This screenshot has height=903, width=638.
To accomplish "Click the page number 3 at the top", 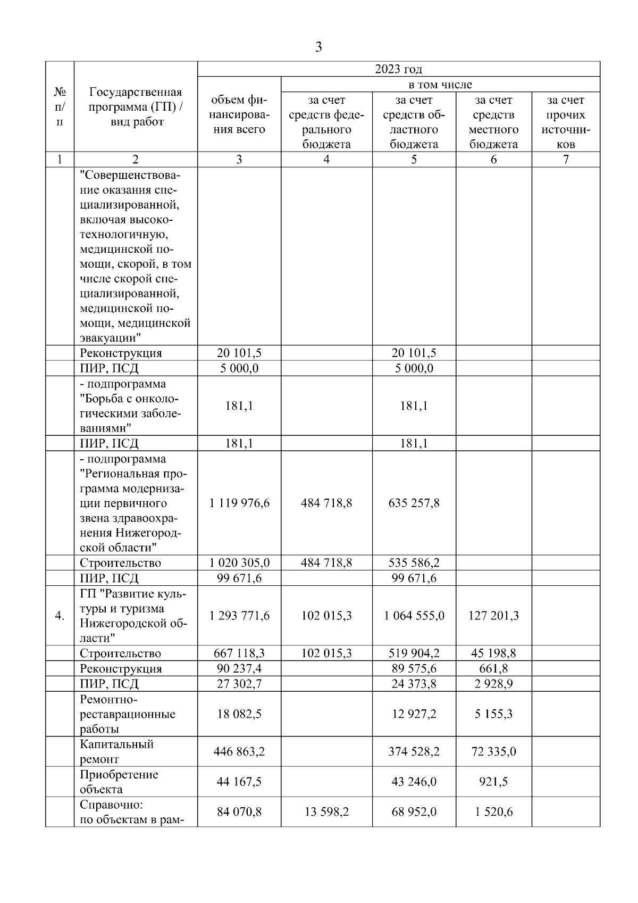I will click(318, 47).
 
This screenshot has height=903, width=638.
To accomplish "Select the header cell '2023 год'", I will click(398, 69).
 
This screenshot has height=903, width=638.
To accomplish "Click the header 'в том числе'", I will click(440, 85).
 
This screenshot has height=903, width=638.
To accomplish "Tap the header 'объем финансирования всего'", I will click(239, 114).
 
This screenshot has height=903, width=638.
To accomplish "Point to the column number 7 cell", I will click(566, 159).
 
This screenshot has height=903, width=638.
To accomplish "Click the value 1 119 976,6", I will click(239, 503).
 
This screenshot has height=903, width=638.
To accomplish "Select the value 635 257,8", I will click(414, 503).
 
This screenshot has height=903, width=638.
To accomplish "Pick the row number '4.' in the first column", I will click(60, 616).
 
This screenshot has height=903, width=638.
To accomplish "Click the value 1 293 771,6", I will click(239, 616).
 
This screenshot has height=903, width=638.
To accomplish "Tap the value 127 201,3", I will click(493, 616).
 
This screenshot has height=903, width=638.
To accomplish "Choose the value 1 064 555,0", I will click(414, 616).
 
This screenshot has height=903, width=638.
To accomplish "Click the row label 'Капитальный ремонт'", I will click(116, 751).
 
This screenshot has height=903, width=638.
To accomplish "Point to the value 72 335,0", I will click(493, 751).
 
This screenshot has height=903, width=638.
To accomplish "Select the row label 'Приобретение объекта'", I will click(119, 782).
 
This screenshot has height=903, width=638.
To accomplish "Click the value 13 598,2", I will click(326, 812).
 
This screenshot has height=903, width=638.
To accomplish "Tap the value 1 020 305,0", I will click(239, 562).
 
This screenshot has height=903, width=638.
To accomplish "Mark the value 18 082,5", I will click(239, 714).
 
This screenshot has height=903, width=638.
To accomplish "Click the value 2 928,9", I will click(493, 684).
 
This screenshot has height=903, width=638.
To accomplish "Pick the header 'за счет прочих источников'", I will click(566, 122).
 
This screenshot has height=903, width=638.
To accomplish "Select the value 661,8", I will click(493, 668).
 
